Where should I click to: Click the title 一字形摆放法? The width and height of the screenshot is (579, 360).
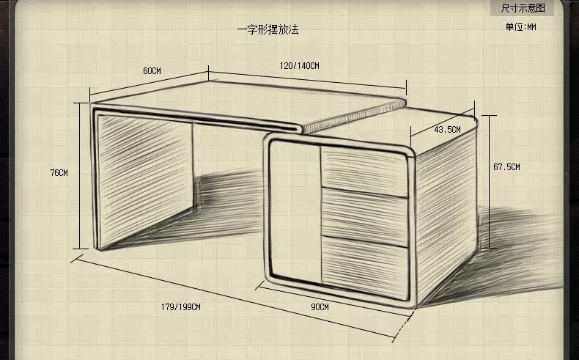268,30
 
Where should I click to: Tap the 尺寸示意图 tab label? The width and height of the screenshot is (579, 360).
523,8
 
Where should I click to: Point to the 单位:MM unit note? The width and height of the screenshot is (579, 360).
520,27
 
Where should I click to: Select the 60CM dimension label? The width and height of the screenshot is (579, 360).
152,71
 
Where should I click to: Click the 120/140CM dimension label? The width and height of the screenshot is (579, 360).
299,66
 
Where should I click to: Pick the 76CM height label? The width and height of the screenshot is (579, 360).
59,173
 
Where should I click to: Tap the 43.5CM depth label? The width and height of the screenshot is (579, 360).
447,130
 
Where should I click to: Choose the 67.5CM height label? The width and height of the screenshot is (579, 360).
506,167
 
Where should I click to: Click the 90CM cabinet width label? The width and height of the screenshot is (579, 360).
320,306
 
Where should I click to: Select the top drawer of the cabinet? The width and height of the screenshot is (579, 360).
364,170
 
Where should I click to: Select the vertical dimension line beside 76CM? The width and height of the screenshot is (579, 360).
77,176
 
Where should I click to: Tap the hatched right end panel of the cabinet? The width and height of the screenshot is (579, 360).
443,213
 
